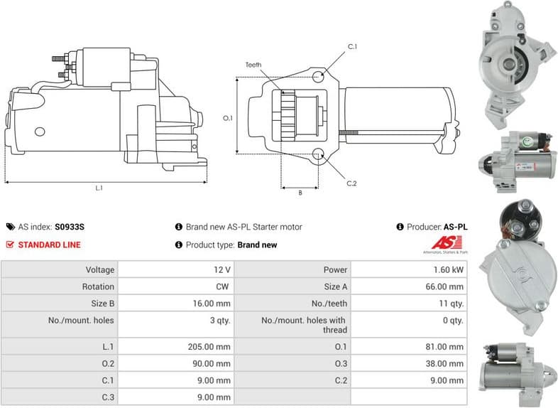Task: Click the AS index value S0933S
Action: point(69,227)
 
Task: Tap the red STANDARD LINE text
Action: point(49,245)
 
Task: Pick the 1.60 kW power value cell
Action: point(449,270)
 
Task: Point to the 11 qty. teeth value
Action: point(452,304)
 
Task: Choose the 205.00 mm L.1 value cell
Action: point(213,347)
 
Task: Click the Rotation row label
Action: point(98,286)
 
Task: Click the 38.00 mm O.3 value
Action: point(447,363)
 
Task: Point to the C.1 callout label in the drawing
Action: point(352,47)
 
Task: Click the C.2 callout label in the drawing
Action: point(351,183)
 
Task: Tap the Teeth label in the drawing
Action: point(253,65)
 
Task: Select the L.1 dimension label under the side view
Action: point(99,188)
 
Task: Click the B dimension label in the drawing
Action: point(300,193)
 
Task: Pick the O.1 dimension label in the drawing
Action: point(228,118)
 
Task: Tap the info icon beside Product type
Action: point(179,245)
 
